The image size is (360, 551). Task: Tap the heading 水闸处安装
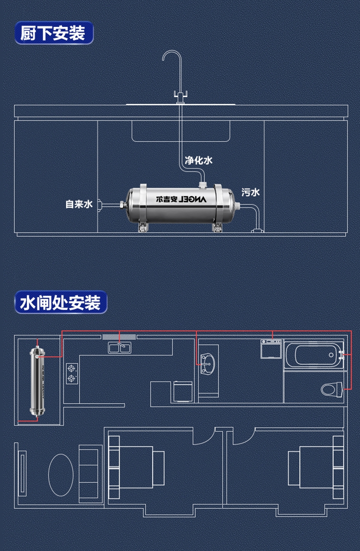click(60, 303)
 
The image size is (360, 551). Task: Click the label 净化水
click(198, 161)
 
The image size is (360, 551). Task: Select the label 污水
click(250, 192)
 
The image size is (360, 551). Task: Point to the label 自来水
click(79, 204)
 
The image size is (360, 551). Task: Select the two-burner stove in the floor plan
click(72, 373)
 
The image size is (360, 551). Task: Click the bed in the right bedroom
click(312, 464)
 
